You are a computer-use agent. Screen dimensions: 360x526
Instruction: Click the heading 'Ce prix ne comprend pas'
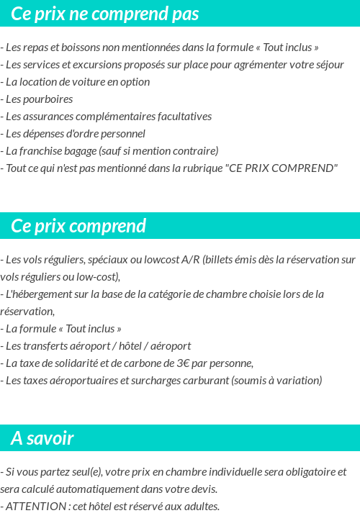[105, 14]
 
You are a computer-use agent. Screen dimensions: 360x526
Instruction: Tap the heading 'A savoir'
[42, 437]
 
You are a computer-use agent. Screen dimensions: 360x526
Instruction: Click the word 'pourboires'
[50, 99]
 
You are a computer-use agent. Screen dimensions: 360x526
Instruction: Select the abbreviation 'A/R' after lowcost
[191, 260]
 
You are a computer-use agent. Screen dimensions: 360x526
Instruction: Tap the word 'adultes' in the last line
[202, 507]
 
